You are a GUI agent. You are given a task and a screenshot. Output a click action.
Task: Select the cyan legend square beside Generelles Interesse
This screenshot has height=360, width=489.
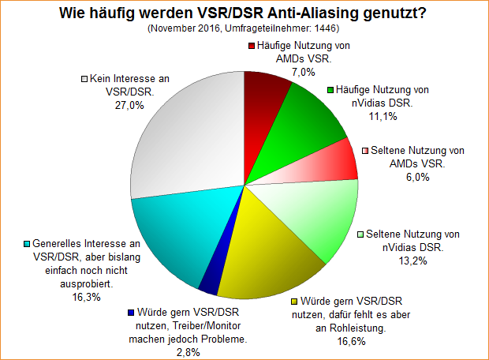tap(27, 243)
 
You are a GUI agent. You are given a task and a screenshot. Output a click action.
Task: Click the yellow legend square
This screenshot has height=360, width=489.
tap(295, 302)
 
